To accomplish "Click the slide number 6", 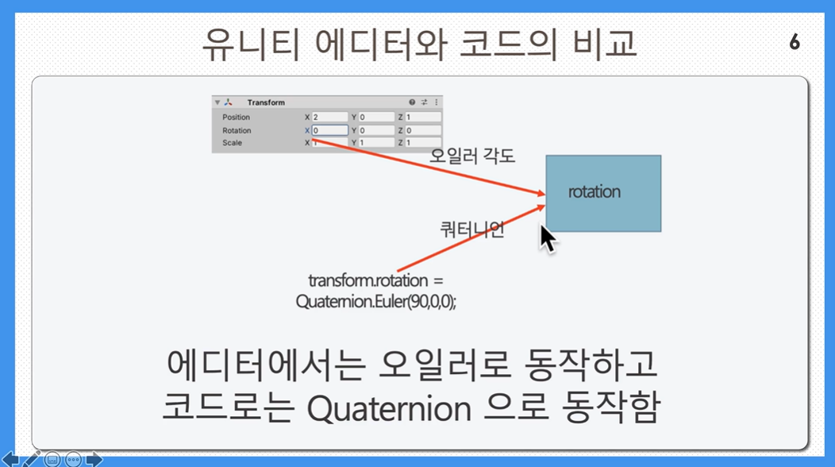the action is coord(795,41).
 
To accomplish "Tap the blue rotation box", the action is coord(603,194).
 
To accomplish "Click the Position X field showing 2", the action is coord(329,117).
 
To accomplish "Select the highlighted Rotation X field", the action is coord(329,130).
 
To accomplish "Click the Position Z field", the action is coord(423,117).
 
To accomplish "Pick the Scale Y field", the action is coord(376,143).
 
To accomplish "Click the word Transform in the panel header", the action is coord(266,102).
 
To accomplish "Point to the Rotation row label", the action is coord(237,130).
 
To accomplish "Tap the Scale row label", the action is coord(233,143).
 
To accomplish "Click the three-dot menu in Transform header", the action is coord(436,102).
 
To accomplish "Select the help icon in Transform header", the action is coord(412,102).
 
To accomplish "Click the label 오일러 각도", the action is coord(472,156).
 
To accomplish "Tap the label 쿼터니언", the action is coord(472,230).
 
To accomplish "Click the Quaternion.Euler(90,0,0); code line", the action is coord(376,302).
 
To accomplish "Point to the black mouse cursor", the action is coord(548,238).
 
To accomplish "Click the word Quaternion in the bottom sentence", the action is coord(389,409).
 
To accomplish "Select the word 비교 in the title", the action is coord(604,44).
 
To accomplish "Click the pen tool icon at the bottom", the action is coord(32,458).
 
